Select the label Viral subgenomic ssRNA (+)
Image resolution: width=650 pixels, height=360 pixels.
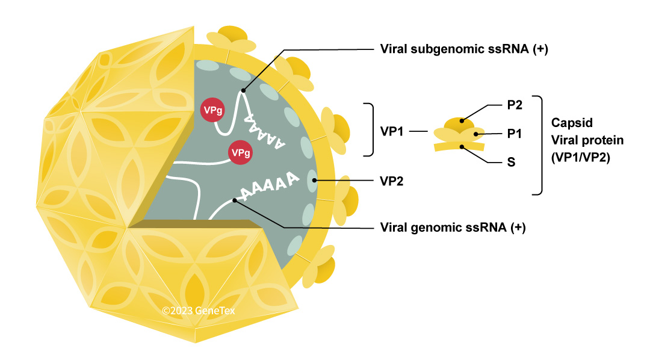point(464,49)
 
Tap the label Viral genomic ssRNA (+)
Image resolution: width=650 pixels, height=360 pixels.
point(453,228)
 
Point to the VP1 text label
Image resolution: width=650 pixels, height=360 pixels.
point(392,131)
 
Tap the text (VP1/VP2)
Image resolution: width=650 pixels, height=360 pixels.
point(578,158)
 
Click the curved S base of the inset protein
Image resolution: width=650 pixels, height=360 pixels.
point(460,146)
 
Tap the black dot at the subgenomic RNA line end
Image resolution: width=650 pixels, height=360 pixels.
point(243,91)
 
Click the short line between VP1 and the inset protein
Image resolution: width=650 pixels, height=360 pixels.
point(418,131)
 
